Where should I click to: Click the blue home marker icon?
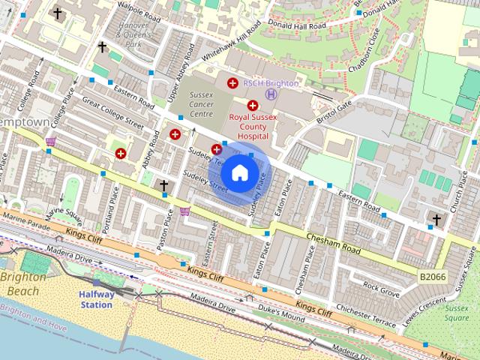pyautogui.click(x=239, y=173)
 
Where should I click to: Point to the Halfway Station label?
pyautogui.click(x=96, y=300)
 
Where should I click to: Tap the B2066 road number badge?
pyautogui.click(x=432, y=277)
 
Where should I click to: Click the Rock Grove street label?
pyautogui.click(x=380, y=286)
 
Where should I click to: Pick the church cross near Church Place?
pyautogui.click(x=436, y=220)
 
